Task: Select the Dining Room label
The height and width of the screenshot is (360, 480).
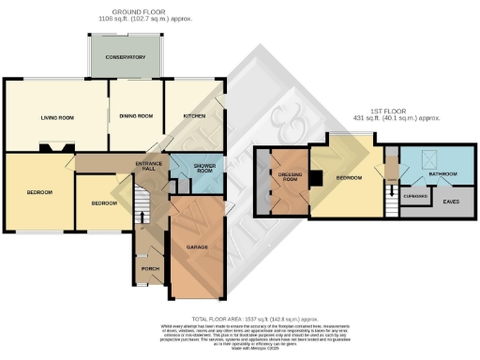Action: click(x=136, y=116)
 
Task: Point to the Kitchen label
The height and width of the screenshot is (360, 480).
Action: click(x=193, y=115)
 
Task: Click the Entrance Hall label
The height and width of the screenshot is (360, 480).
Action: click(x=150, y=168)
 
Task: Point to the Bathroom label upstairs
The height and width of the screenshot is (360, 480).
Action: click(x=442, y=174)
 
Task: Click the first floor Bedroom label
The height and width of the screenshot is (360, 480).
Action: click(x=350, y=176)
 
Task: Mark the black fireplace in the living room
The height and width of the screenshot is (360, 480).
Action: click(x=52, y=146)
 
